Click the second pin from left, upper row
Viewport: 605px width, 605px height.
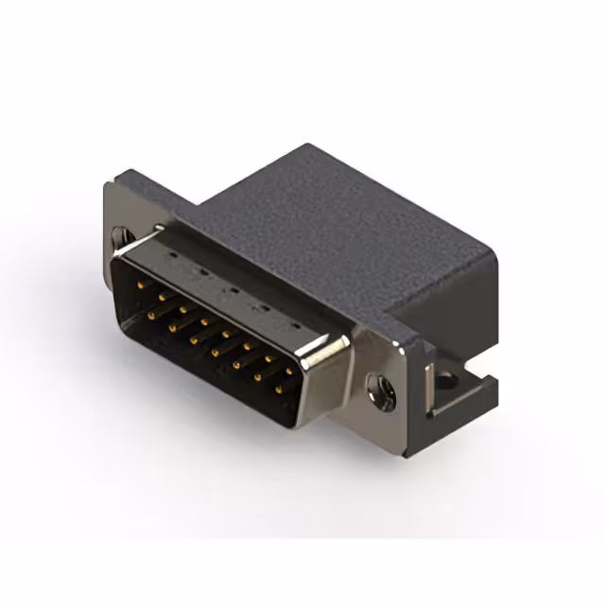pyautogui.click(x=162, y=295)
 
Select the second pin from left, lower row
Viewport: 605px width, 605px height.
pyautogui.click(x=172, y=323)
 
